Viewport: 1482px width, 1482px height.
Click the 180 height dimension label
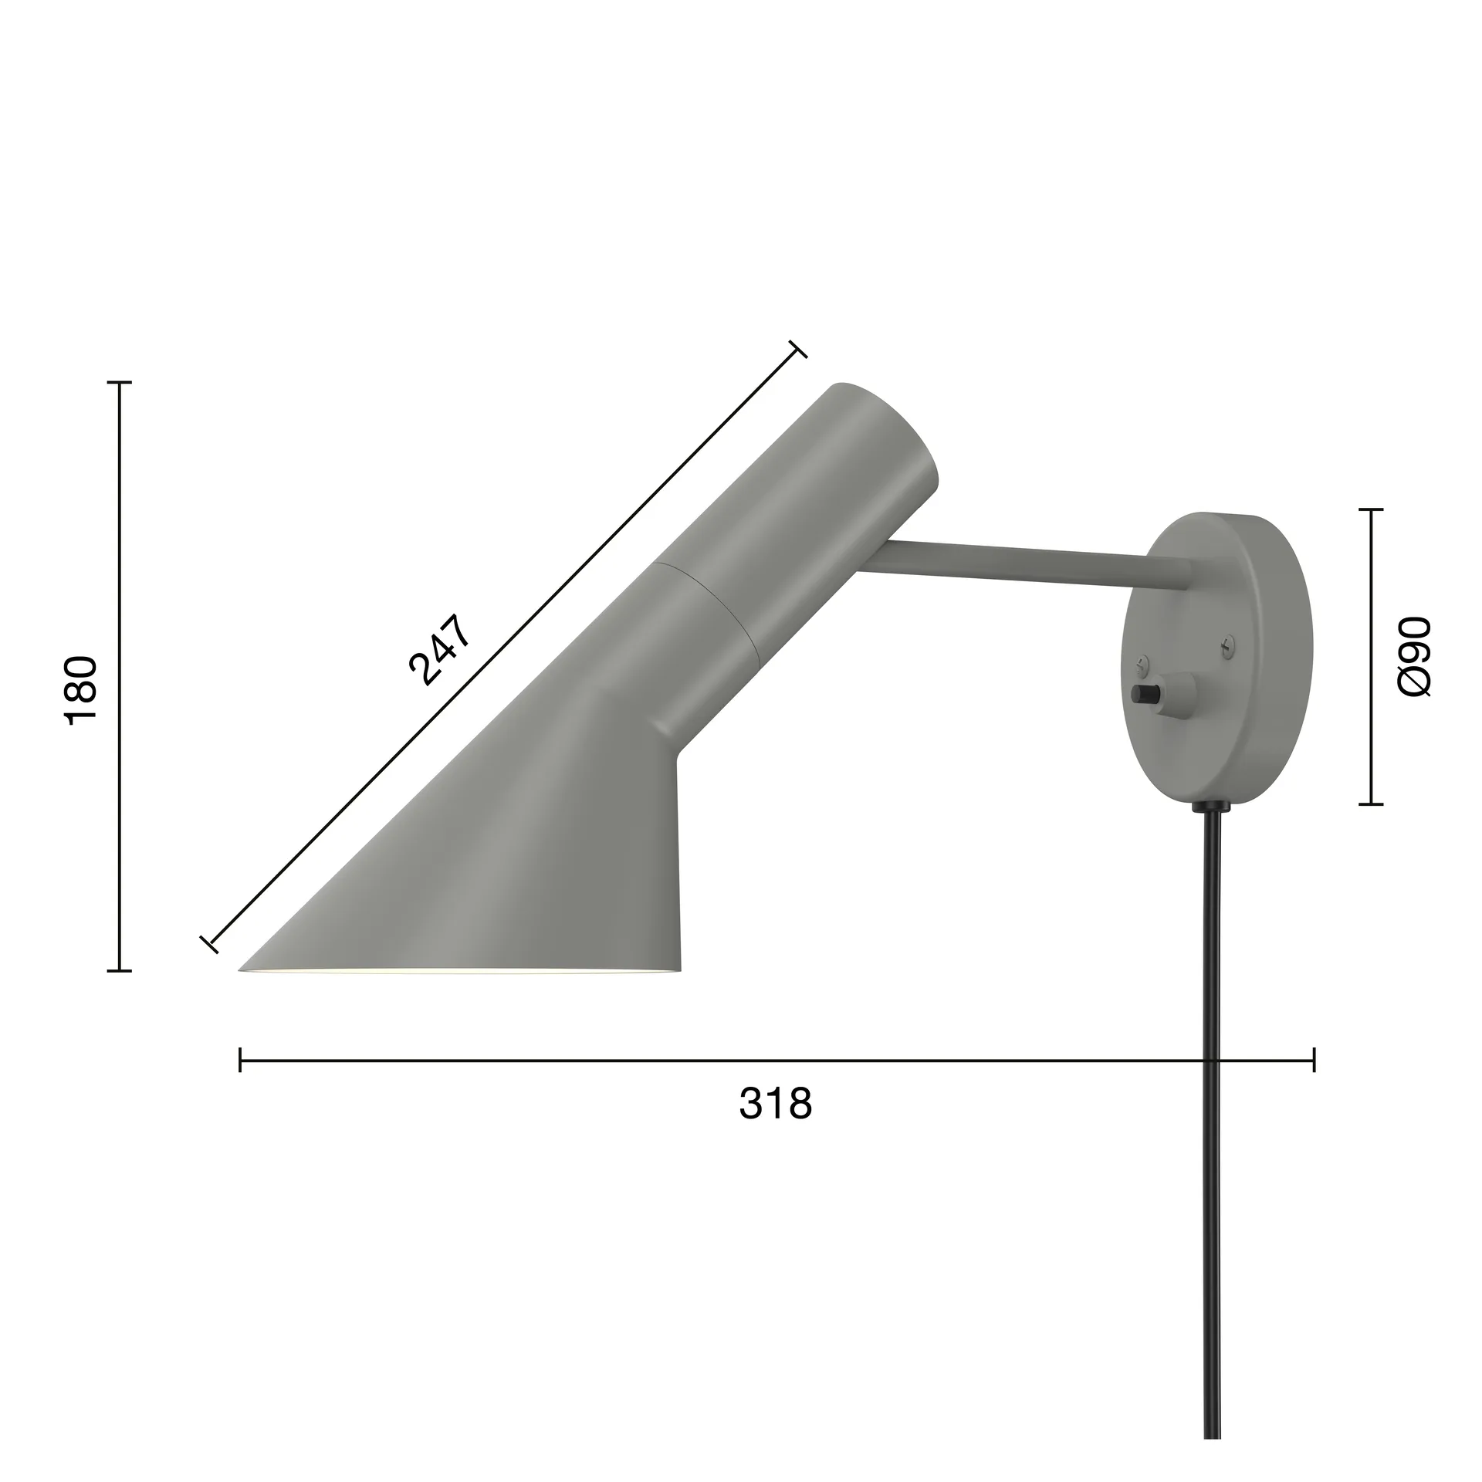81,689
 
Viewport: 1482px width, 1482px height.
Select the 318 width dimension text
776,1105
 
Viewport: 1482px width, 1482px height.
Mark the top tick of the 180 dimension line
119,382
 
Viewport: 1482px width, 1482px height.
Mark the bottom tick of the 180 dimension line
119,970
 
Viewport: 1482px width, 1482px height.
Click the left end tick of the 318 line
241,1060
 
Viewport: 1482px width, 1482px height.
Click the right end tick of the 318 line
1314,1060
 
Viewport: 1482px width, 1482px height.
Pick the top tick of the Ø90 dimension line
1370,509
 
